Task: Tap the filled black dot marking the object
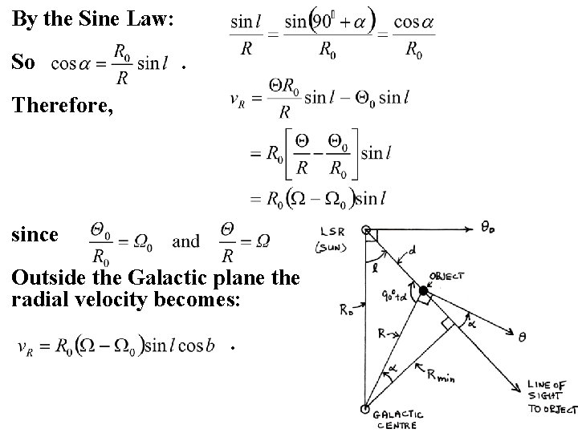423,289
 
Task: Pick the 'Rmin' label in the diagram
441,373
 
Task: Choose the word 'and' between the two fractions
186,241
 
